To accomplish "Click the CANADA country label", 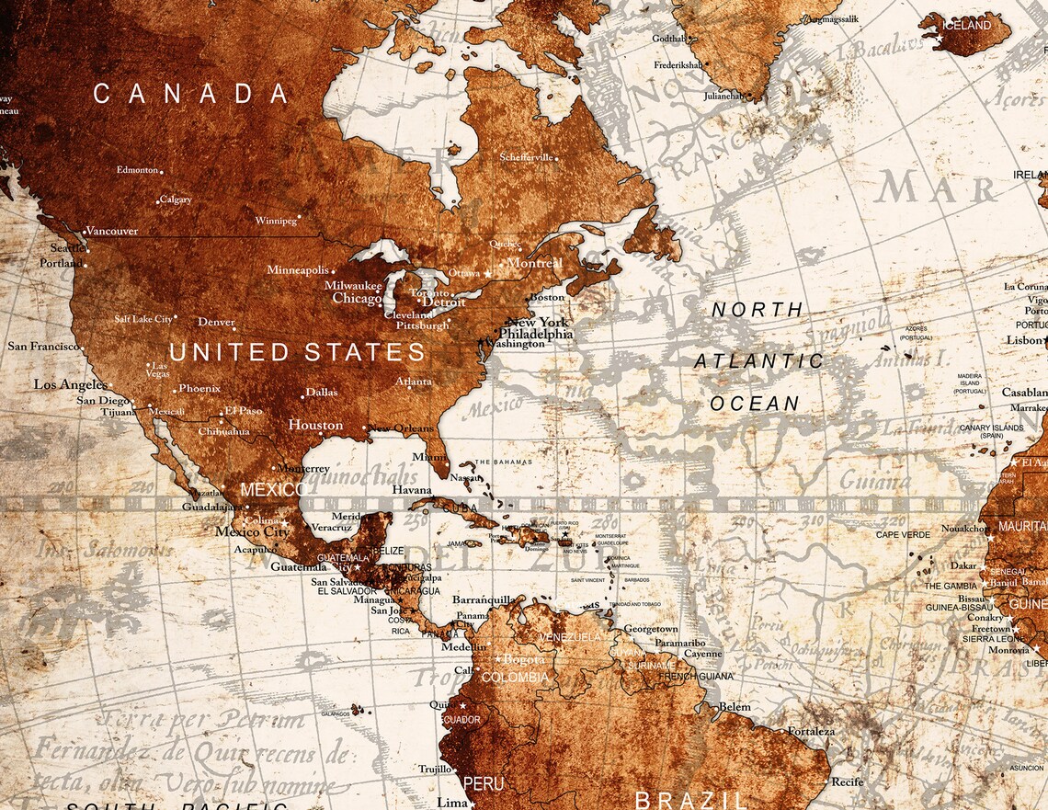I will point(191,94).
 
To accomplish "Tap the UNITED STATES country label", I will point(297,353).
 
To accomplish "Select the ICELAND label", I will point(968,26).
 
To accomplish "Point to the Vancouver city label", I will point(111,231).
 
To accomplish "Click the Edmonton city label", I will point(137,170).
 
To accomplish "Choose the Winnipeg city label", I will point(276,222).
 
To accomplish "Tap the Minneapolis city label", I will point(298,270).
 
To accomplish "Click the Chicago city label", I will point(357,299).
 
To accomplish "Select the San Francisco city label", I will point(42,347).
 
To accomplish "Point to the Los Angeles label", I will point(71,384).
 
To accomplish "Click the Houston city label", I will point(315,425).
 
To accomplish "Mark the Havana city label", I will point(412,490).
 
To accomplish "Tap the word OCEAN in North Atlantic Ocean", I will point(755,404).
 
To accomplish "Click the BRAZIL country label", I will point(691,799).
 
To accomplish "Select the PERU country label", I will point(483,784).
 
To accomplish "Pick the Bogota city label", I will point(525,659).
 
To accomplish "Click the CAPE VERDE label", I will point(902,534).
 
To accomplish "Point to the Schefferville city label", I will point(527,157).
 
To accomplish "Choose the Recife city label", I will point(848,781).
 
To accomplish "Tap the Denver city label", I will point(216,323).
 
